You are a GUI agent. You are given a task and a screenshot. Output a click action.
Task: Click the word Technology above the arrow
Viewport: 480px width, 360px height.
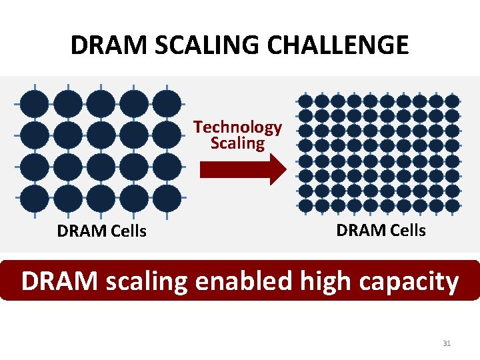238,127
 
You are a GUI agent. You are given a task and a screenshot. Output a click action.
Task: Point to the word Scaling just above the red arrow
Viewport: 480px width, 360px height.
237,143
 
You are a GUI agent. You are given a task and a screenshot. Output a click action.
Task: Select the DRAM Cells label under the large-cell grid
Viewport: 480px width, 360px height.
102,232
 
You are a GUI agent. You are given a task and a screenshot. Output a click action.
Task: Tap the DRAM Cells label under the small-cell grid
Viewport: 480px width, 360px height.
381,230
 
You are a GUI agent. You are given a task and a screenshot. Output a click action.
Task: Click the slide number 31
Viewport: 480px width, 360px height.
447,343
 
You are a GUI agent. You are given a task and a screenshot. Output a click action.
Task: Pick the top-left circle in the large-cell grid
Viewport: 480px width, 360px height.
34,103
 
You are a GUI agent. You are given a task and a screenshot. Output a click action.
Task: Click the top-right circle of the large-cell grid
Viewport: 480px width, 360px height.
167,103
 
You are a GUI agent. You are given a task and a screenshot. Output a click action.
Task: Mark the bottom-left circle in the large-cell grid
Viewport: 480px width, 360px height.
34,199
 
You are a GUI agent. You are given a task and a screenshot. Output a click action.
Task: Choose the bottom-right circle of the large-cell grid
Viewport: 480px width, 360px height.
167,199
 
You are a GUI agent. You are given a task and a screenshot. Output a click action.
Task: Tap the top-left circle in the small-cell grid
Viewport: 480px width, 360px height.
305,101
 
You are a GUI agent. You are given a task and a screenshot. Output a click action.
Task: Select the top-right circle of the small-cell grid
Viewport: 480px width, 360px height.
452,101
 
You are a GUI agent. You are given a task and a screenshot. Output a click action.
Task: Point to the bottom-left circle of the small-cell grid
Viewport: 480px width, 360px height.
305,206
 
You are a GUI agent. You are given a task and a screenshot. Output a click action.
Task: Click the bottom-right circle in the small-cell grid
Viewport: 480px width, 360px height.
452,206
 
